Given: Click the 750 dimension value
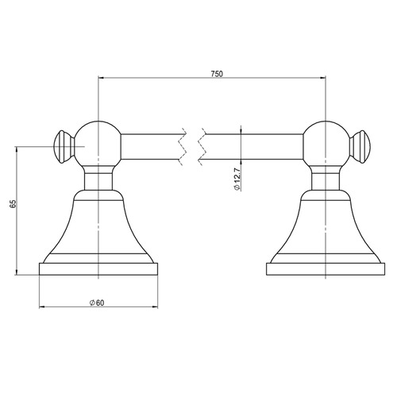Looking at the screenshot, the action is [x=217, y=74].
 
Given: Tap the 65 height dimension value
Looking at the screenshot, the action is [x=13, y=204].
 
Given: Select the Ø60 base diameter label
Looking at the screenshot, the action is [x=97, y=303].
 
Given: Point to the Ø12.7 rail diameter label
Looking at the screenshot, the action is [x=237, y=179].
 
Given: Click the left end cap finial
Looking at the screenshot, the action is [x=64, y=147].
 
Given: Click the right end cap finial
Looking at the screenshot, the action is [x=360, y=147].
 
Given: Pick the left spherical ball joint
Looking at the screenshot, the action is [x=98, y=145].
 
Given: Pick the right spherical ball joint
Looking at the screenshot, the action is [x=326, y=145].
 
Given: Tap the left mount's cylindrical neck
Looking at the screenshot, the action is [x=98, y=181].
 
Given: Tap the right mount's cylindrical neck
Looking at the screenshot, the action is [x=326, y=181].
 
